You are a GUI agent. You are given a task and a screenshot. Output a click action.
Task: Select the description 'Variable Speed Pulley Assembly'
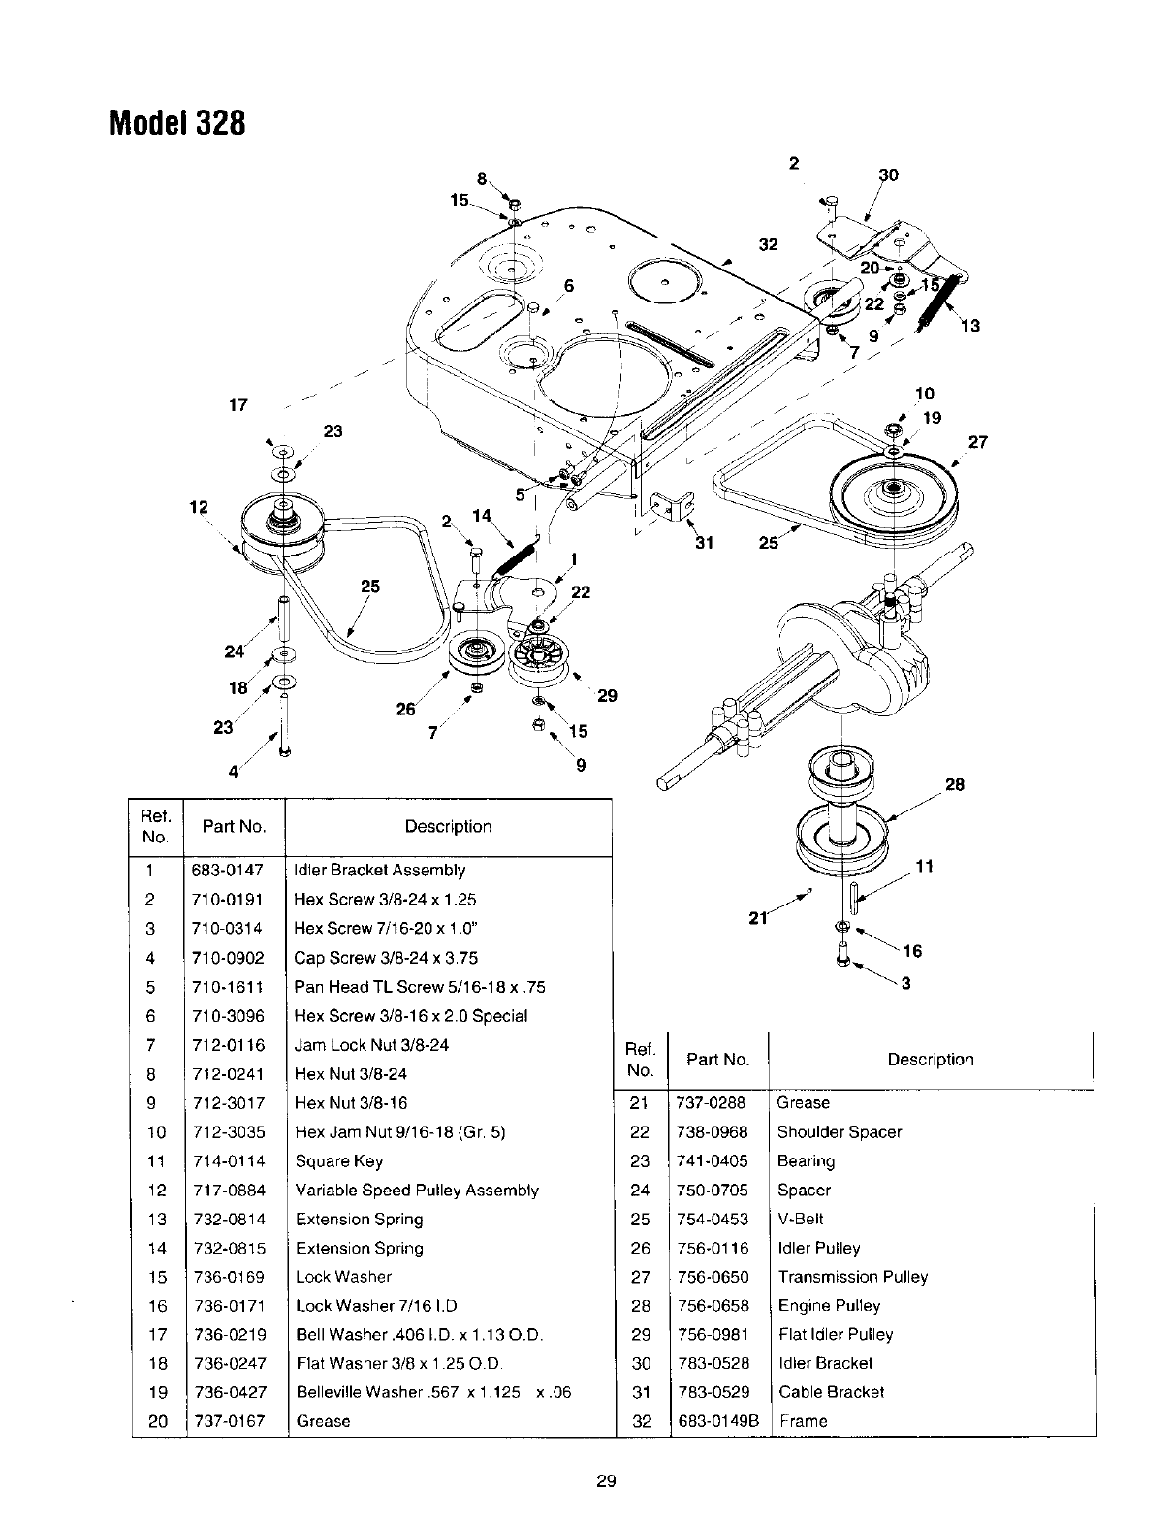(x=417, y=1191)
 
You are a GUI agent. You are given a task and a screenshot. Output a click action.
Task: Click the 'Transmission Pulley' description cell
(x=852, y=1277)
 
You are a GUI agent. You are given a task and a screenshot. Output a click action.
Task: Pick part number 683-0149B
(x=716, y=1421)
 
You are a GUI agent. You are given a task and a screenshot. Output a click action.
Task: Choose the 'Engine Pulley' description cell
(x=829, y=1306)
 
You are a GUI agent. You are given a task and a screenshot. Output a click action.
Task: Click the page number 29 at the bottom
(x=607, y=1480)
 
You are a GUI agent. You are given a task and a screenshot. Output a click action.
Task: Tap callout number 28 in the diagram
(x=955, y=784)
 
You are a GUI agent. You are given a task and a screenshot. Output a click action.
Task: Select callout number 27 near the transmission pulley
(x=977, y=442)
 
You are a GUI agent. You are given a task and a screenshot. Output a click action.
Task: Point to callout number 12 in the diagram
(x=199, y=507)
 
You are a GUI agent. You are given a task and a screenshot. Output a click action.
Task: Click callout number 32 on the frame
(x=768, y=245)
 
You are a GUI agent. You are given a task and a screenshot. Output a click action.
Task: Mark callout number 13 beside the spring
(x=970, y=326)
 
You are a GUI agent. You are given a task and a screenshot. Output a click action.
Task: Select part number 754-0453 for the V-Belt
(x=712, y=1219)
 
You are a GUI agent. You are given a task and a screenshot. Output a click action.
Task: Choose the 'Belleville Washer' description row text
(x=433, y=1392)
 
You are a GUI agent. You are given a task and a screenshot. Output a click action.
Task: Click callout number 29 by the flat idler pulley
(x=607, y=695)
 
